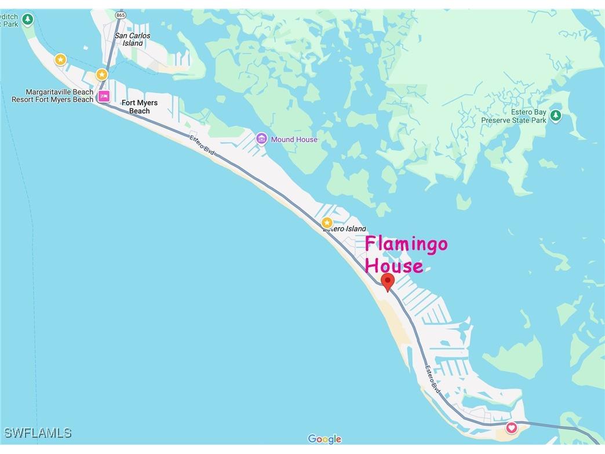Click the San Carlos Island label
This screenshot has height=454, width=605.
pyautogui.click(x=132, y=39)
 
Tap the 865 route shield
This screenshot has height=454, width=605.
pyautogui.click(x=121, y=15)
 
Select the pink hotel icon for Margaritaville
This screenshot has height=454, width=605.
pyautogui.click(x=104, y=96)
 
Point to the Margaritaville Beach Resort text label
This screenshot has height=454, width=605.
pyautogui.click(x=52, y=96)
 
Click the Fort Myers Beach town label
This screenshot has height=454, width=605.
pyautogui.click(x=139, y=107)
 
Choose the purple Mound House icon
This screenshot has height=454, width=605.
pyautogui.click(x=261, y=139)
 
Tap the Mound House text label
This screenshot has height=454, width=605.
pyautogui.click(x=294, y=140)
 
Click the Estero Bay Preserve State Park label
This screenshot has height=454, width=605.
pyautogui.click(x=513, y=117)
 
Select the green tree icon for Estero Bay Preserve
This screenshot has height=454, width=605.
pyautogui.click(x=556, y=116)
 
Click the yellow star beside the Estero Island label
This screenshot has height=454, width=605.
pyautogui.click(x=327, y=223)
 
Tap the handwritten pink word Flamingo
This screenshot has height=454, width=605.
pyautogui.click(x=406, y=244)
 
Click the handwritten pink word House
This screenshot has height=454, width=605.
pyautogui.click(x=394, y=266)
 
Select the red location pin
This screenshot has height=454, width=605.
pyautogui.click(x=388, y=282)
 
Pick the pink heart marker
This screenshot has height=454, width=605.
pyautogui.click(x=511, y=428)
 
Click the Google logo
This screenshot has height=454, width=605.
pyautogui.click(x=325, y=439)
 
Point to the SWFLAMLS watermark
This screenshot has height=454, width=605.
pyautogui.click(x=38, y=433)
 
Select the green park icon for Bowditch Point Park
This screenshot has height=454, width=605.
pyautogui.click(x=27, y=21)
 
